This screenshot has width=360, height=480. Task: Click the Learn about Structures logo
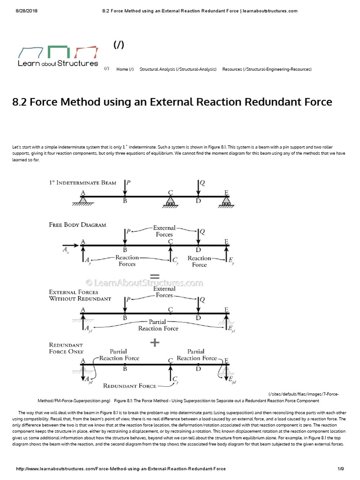coord(58,56)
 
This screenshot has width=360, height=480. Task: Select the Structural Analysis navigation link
coord(178,69)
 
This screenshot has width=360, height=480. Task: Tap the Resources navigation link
coord(267,69)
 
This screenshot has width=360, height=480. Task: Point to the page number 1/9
coord(341,469)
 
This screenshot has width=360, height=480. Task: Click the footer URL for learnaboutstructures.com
coord(121,469)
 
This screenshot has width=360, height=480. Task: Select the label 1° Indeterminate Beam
coord(82,183)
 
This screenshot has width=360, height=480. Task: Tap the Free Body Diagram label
coord(77,225)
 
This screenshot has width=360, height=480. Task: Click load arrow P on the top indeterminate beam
coord(125,188)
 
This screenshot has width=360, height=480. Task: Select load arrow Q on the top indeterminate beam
coord(198,188)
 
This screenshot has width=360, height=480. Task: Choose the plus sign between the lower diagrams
coord(155,343)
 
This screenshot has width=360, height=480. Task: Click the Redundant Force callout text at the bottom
coord(130,386)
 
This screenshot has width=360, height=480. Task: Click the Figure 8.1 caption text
coord(217,401)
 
